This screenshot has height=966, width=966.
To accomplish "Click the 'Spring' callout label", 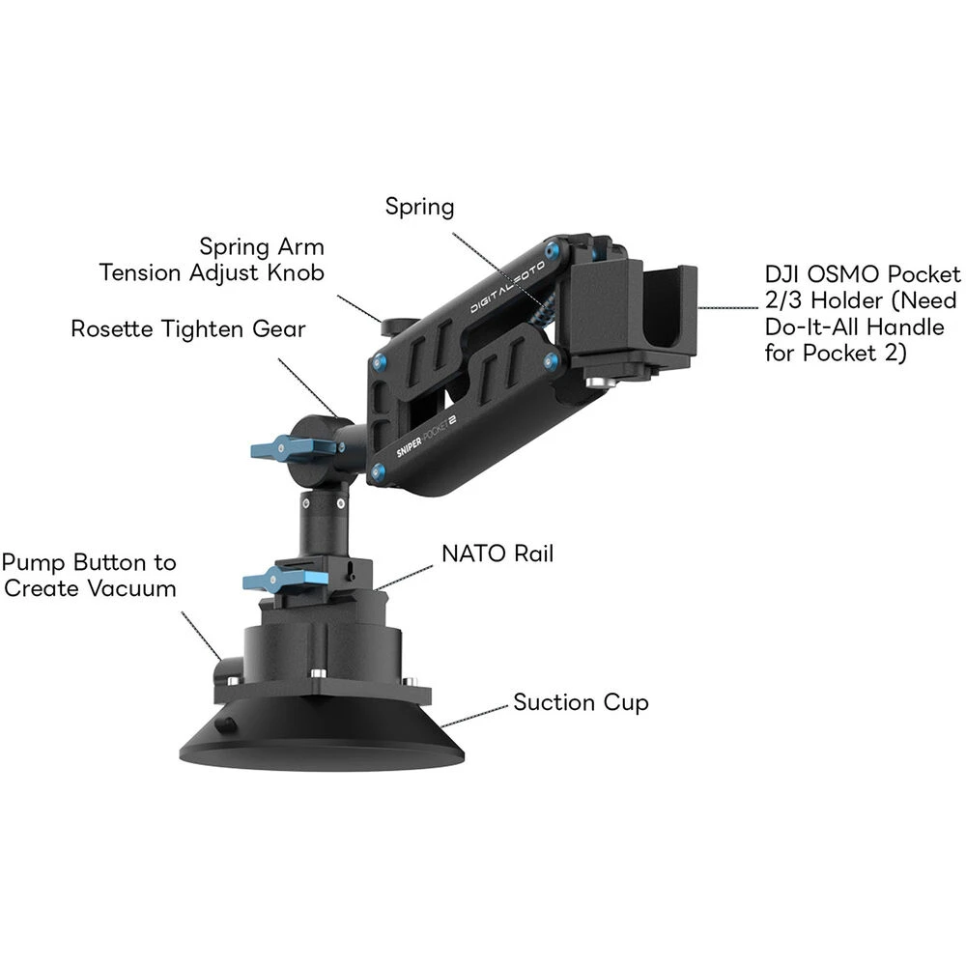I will click(419, 207).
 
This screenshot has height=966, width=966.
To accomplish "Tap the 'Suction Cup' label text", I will click(581, 702).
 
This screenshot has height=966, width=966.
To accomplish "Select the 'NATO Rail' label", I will click(497, 554).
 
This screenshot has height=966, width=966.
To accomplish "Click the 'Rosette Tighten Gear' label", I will click(187, 328).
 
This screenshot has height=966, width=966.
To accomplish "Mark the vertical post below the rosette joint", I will click(321, 526).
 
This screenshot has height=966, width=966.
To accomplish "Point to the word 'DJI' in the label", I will click(782, 274).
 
